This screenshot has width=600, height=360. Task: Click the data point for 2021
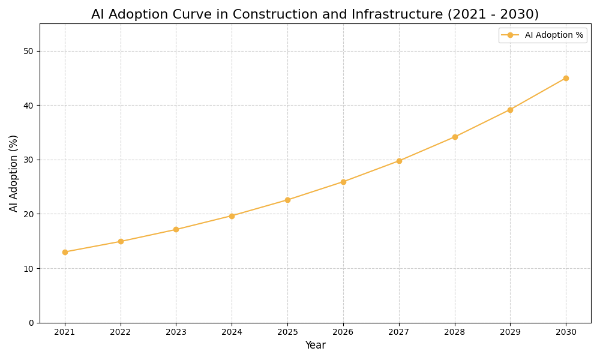(65, 252)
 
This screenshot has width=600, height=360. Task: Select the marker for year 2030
(566, 78)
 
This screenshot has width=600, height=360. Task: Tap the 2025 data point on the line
(287, 200)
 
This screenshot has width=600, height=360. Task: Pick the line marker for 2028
(455, 137)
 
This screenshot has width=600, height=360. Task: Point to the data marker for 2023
(176, 229)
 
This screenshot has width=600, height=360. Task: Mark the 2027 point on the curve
(399, 161)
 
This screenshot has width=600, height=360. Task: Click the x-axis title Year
(315, 346)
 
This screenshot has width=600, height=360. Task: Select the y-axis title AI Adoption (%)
(14, 173)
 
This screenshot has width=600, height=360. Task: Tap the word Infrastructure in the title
(380, 14)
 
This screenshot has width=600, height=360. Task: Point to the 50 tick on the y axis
(29, 51)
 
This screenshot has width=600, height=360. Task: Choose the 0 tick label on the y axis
(31, 323)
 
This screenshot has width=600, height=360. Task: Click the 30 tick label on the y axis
(29, 160)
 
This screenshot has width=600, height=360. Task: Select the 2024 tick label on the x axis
(232, 332)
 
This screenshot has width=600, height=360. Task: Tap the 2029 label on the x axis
(510, 332)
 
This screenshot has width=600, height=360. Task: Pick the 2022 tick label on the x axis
(121, 332)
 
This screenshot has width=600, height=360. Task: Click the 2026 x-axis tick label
(343, 332)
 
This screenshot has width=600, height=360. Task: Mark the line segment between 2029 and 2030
(538, 94)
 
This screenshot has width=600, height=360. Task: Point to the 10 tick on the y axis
(29, 268)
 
